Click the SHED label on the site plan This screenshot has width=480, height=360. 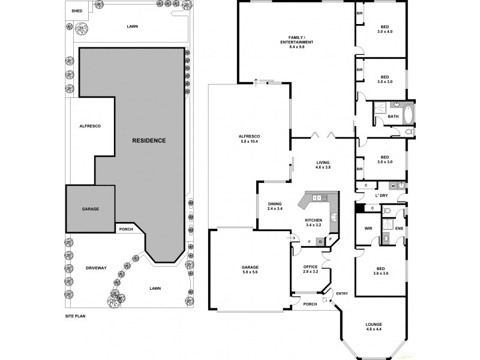(x=76, y=11)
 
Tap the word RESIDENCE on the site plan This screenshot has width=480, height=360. (x=149, y=140)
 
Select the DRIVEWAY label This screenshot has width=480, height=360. (x=95, y=268)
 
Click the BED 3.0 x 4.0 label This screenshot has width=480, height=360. (x=385, y=29)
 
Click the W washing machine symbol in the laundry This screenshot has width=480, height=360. (x=394, y=185)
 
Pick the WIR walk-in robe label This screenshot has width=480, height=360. (x=369, y=229)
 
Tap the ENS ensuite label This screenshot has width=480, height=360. (x=398, y=229)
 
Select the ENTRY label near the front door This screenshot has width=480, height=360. (x=342, y=293)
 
